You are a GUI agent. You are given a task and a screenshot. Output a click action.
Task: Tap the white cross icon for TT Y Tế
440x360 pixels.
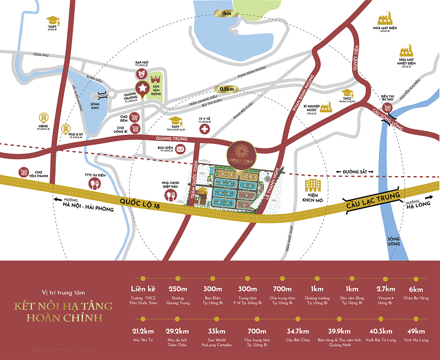click(x=205, y=129)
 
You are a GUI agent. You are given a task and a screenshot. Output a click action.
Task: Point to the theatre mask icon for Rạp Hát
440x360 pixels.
click(x=142, y=72)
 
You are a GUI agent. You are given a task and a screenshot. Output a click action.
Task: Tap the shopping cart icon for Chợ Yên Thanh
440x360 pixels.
click(x=24, y=172)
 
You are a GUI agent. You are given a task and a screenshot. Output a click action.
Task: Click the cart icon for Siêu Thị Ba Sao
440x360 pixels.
click(x=388, y=107)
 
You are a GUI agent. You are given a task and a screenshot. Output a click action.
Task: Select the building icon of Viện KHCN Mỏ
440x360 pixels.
click(x=313, y=186)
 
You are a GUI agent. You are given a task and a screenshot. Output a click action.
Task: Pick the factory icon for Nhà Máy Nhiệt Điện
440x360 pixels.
click(x=406, y=49)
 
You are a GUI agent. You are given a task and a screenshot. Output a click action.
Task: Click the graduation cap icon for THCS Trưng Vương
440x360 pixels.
click(x=346, y=94)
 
